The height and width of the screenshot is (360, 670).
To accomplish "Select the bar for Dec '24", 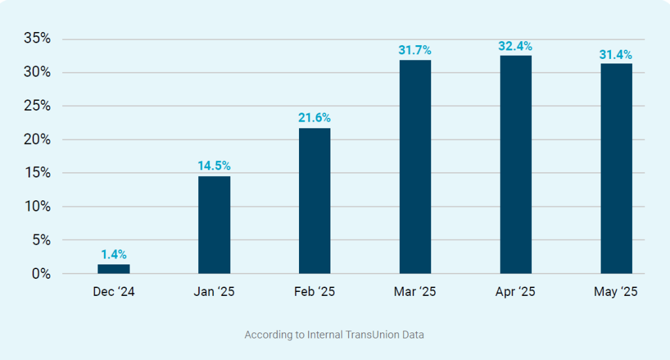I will tap(114, 269).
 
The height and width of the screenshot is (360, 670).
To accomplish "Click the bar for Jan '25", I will tap(214, 225).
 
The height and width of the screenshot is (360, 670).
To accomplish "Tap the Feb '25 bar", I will tap(315, 201).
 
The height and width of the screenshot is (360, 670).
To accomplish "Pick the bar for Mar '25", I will tap(415, 167).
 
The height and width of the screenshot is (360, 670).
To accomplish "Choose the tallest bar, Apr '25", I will tap(516, 164).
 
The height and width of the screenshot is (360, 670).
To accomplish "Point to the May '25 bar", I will tap(616, 168).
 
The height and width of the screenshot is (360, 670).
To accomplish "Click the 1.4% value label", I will tap(114, 255).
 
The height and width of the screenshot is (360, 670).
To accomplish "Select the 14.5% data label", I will tap(214, 166).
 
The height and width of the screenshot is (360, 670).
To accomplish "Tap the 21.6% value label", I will tap(315, 118).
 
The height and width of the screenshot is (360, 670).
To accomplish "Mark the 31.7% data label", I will tap(415, 50).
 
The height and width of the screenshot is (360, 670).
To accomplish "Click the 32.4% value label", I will tap(516, 46).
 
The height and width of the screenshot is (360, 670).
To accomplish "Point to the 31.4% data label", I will tap(616, 54).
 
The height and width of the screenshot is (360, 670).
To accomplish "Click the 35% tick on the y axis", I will tap(37, 39).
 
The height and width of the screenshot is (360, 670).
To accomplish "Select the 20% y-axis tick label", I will tap(37, 139).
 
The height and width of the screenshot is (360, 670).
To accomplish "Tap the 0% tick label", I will tap(41, 274).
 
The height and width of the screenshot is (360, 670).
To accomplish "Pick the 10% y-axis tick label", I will tap(37, 207).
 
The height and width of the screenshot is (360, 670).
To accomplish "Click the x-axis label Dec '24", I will tap(114, 292).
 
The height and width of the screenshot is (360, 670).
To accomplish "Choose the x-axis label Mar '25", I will tap(415, 292).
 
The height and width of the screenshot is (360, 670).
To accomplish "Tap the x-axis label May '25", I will tap(616, 292).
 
